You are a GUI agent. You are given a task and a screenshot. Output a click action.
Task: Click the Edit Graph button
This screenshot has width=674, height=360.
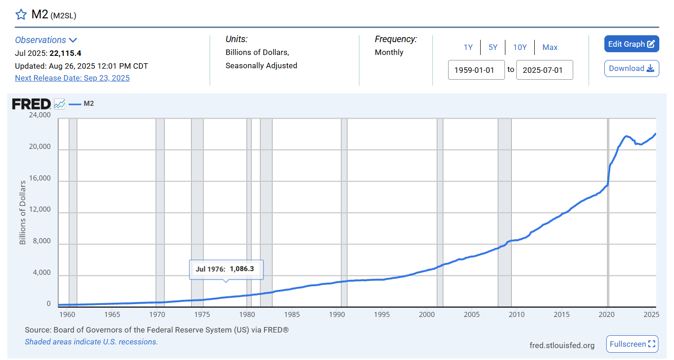(631, 44)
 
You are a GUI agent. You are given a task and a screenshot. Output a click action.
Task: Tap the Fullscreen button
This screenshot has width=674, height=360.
(632, 344)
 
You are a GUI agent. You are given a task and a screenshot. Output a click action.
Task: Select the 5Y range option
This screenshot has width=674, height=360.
(493, 47)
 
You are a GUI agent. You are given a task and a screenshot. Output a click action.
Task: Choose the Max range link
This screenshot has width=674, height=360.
(550, 47)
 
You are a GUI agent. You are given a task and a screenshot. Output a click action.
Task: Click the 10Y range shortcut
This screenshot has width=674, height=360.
(520, 47)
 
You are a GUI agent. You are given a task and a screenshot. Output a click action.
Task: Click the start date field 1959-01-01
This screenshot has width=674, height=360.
(476, 70)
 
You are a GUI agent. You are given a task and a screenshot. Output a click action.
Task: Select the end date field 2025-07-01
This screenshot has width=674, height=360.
(544, 70)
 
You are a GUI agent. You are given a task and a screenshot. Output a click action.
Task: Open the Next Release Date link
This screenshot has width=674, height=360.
(72, 78)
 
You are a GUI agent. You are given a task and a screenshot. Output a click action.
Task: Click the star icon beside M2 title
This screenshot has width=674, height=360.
(21, 15)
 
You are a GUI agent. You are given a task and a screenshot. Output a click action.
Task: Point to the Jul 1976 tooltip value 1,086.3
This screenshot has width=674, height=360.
(241, 269)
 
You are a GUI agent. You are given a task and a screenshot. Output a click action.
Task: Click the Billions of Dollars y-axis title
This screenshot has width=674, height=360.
(22, 212)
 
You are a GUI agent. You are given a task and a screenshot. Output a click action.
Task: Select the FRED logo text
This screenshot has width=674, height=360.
(31, 104)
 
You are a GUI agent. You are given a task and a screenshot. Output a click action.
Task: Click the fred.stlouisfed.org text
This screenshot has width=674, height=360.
(562, 345)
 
